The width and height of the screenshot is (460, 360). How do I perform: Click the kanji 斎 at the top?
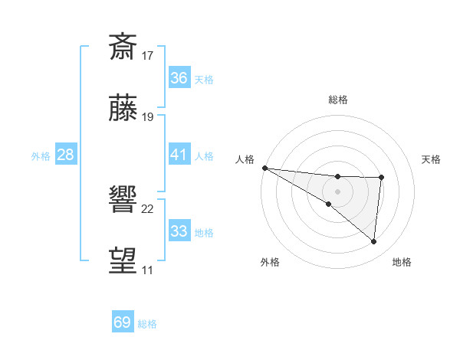tap(123, 47)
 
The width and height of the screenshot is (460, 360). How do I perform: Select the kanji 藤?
tap(123, 110)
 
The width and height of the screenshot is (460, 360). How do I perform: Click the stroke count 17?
tap(148, 55)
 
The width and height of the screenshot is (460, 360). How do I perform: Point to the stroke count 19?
tap(148, 117)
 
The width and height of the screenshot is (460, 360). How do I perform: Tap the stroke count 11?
tap(147, 270)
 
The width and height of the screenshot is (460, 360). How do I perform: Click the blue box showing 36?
tap(179, 78)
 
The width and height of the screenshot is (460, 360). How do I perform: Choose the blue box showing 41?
tap(179, 155)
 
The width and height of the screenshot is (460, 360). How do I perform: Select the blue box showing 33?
tap(179, 231)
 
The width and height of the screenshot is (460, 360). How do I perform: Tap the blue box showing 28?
tap(66, 155)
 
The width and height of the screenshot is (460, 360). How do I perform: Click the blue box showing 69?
tap(123, 322)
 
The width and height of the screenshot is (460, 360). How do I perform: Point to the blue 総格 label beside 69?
tap(147, 324)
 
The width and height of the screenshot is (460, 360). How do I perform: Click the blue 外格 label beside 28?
tap(41, 156)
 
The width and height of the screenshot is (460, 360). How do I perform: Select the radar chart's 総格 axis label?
tap(338, 100)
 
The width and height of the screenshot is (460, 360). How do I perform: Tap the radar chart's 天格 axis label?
tap(432, 159)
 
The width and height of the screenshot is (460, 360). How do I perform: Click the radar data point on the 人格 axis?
tap(264, 167)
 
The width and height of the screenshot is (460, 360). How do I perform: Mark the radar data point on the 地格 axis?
tap(374, 241)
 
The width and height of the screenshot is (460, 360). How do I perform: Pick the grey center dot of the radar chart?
tap(337, 191)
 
